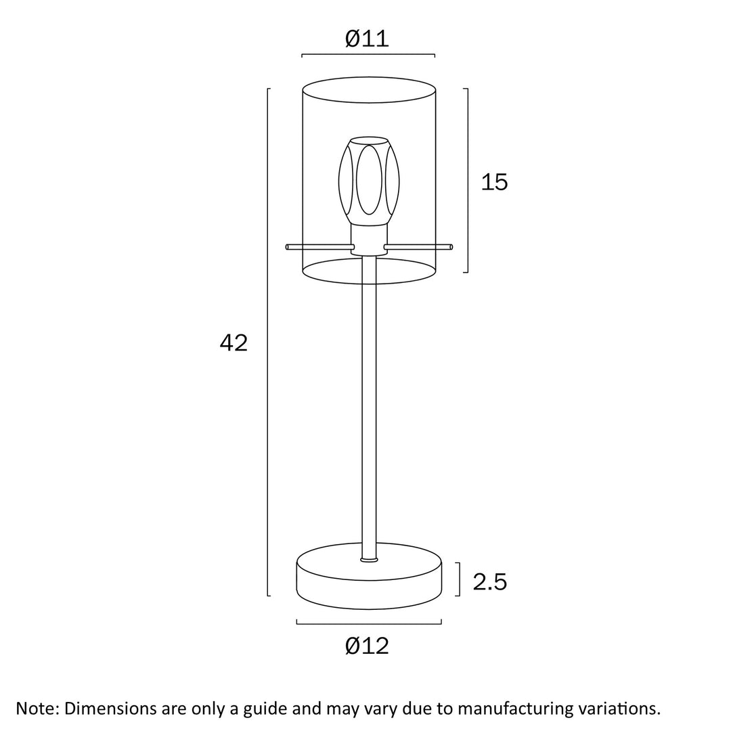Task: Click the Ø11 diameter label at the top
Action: [367, 39]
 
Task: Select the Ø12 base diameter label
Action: [367, 646]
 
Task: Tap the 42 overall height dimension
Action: [234, 343]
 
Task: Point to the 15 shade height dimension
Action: [494, 182]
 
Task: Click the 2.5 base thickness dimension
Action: [489, 581]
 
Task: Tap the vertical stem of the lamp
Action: [369, 406]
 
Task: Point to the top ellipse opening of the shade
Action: [369, 89]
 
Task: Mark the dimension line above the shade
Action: [368, 55]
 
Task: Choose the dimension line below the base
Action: [369, 623]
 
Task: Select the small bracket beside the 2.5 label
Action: [460, 579]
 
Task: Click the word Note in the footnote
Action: [38, 709]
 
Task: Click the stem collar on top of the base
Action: [369, 560]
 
